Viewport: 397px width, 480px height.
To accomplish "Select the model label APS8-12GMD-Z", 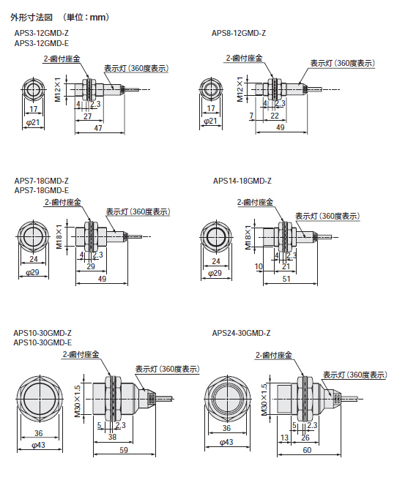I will coord(238,34).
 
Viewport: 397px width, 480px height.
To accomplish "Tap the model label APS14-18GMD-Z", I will coord(242,181).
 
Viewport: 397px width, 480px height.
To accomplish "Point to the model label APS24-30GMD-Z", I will coord(242,333).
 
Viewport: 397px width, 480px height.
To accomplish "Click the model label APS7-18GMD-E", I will coord(42,190).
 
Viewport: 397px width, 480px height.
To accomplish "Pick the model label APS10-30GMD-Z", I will coord(42,333).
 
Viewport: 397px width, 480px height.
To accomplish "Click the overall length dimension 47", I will coord(98,128).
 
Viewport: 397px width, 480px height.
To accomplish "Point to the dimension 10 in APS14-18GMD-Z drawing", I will coord(259,267).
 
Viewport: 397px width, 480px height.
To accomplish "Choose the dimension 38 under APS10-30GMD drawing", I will coord(111,438).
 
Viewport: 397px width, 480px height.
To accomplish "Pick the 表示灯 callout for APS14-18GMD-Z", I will coord(327,216).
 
